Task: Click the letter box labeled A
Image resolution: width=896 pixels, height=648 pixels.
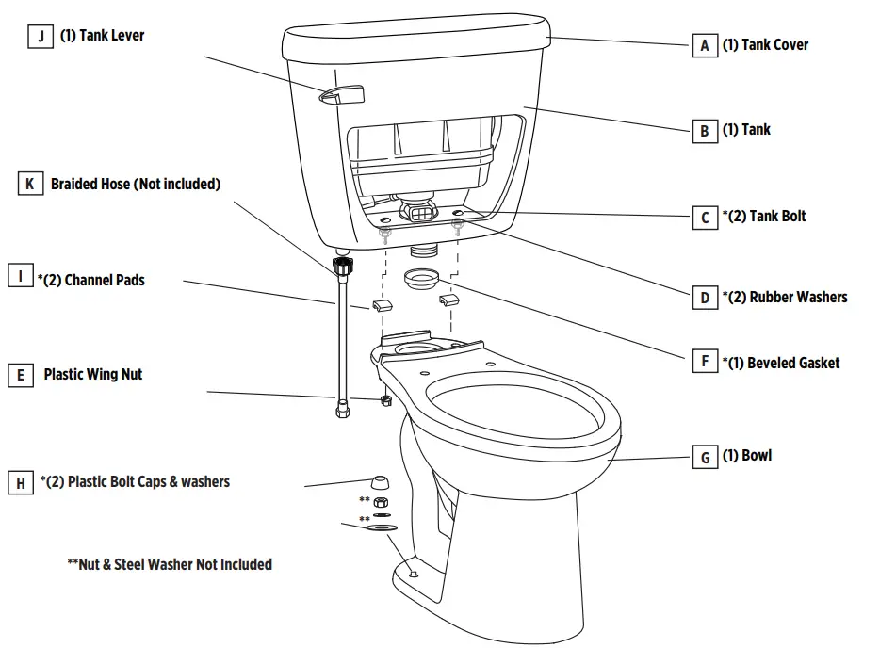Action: pyautogui.click(x=705, y=45)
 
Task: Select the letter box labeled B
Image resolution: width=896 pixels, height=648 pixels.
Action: pyautogui.click(x=705, y=131)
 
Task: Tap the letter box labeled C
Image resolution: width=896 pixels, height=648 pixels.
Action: pyautogui.click(x=705, y=218)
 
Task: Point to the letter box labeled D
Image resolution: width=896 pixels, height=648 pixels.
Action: pyautogui.click(x=705, y=299)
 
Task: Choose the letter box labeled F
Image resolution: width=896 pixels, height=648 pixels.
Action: pyautogui.click(x=705, y=361)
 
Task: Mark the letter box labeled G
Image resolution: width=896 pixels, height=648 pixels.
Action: pyautogui.click(x=705, y=458)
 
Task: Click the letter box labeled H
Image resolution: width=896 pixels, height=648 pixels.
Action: pyautogui.click(x=21, y=483)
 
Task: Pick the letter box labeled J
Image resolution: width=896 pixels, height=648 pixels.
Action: pyautogui.click(x=41, y=37)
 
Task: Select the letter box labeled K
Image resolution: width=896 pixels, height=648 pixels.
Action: pyautogui.click(x=30, y=185)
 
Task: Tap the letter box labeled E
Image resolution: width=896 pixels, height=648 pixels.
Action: pyautogui.click(x=21, y=376)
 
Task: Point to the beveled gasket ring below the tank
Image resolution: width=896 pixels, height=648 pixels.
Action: pyautogui.click(x=421, y=280)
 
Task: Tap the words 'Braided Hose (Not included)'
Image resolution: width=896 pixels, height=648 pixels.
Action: pyautogui.click(x=136, y=185)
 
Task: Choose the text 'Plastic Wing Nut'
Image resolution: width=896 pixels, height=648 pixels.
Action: pyautogui.click(x=93, y=375)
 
